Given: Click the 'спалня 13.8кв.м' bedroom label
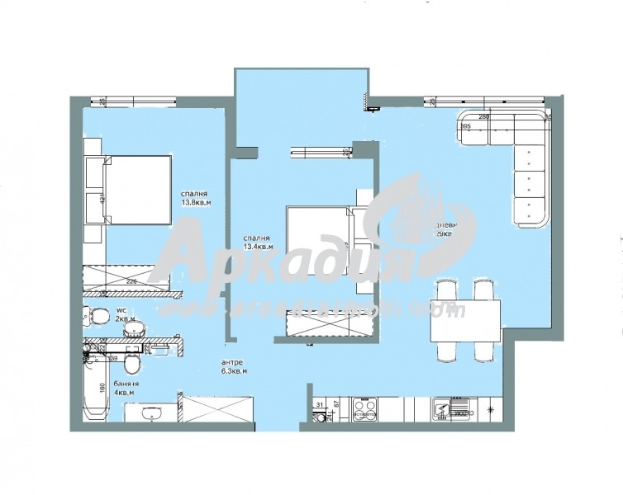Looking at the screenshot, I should pyautogui.click(x=197, y=198).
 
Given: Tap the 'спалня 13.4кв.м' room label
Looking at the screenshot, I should pyautogui.click(x=258, y=242).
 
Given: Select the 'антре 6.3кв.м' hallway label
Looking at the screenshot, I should pyautogui.click(x=235, y=366).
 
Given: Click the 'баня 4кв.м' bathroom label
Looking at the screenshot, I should pyautogui.click(x=126, y=388).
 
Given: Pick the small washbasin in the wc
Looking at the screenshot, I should pyautogui.click(x=133, y=329).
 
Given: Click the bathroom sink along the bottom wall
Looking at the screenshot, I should pyautogui.click(x=151, y=412).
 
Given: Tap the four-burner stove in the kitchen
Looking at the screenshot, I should pyautogui.click(x=364, y=409).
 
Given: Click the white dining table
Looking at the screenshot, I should pyautogui.click(x=465, y=321).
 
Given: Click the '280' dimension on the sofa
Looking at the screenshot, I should pyautogui.click(x=484, y=117).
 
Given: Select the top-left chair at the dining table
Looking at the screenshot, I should pyautogui.click(x=445, y=291).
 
